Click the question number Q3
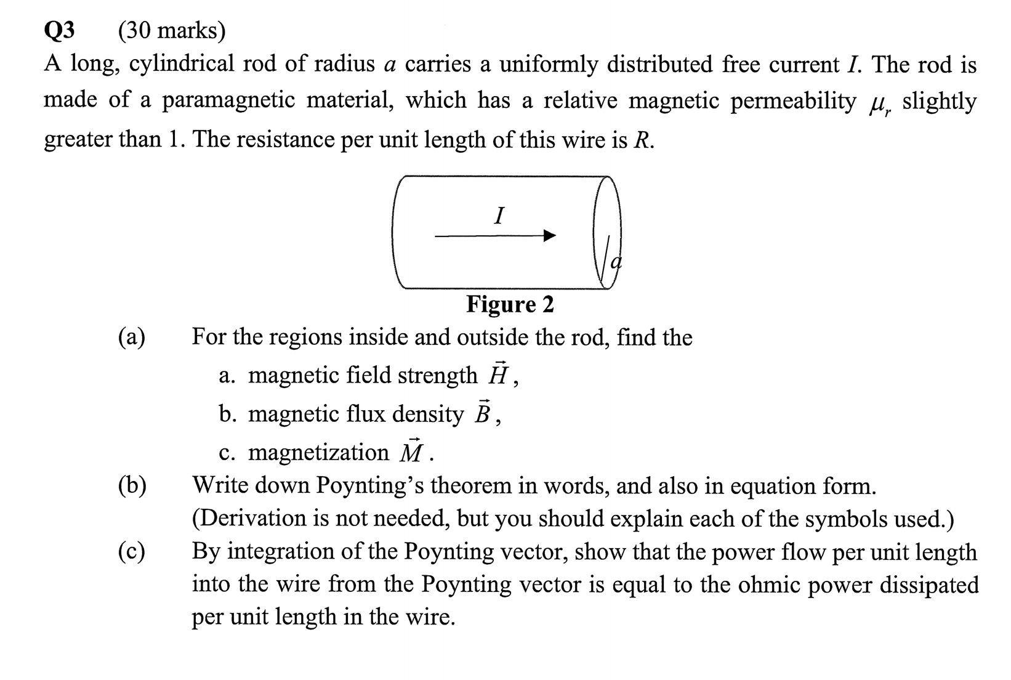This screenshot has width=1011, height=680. (60, 30)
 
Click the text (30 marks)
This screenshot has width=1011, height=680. (172, 30)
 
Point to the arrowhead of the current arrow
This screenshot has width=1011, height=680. (549, 235)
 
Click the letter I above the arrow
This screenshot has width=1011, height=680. (499, 216)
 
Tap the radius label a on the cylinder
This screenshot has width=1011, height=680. (615, 261)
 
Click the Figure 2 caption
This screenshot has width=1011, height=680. (510, 304)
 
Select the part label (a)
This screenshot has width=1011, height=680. (132, 337)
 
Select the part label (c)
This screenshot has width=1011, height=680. (132, 551)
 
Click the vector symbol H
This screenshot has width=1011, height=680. (497, 374)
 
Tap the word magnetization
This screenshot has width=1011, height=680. (318, 452)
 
